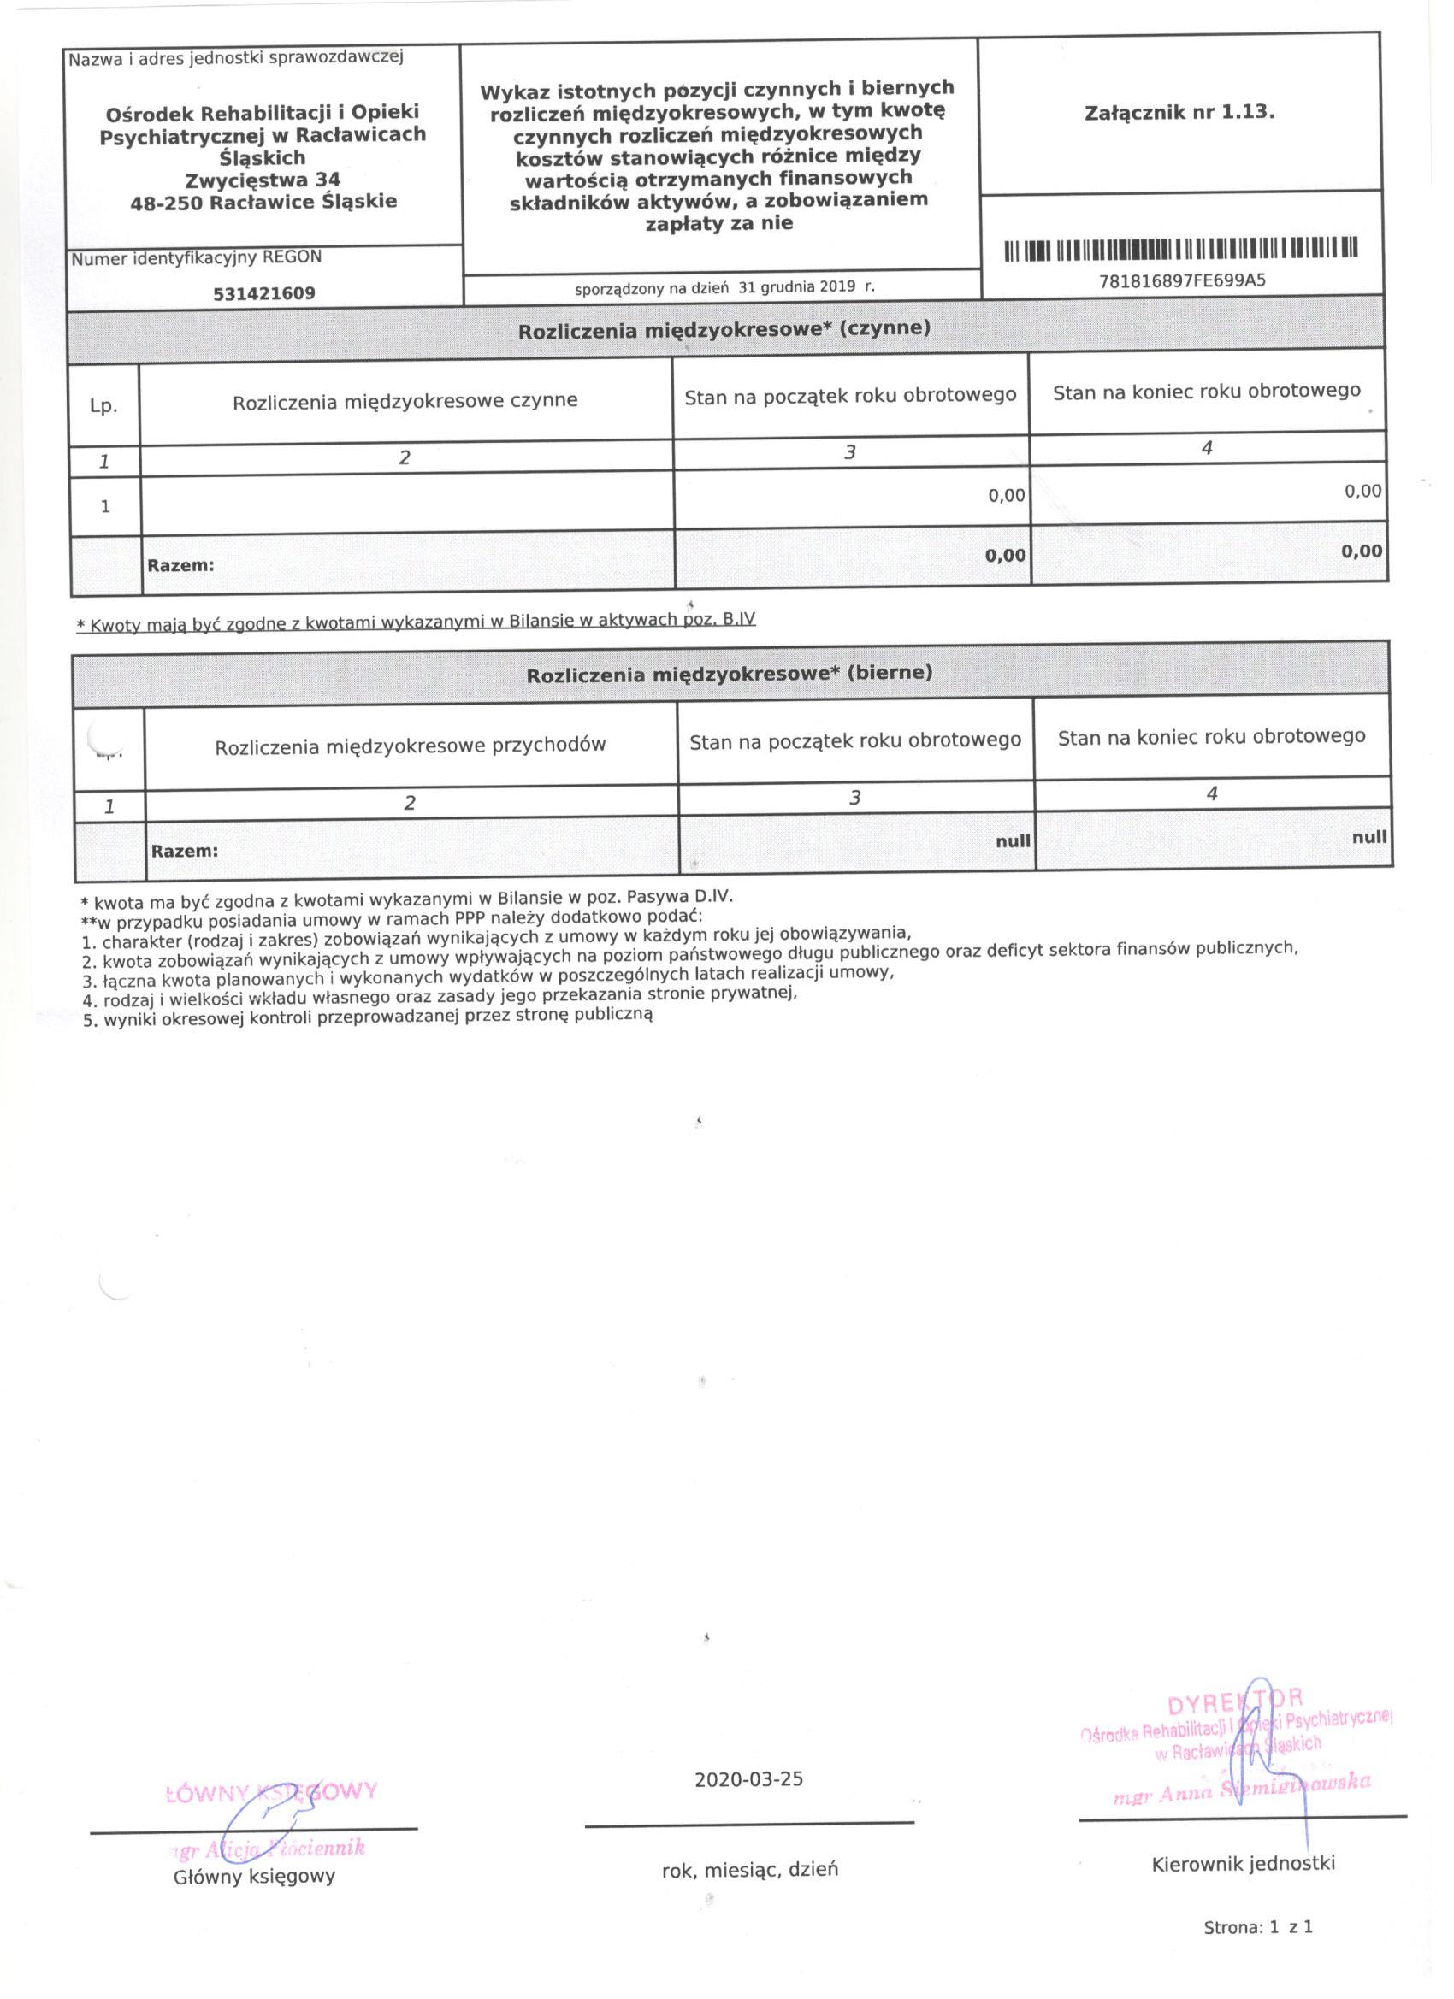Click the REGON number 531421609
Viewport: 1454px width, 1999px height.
click(x=263, y=292)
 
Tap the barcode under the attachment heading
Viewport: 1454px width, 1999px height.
click(x=1180, y=250)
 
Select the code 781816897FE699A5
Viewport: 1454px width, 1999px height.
click(x=1181, y=281)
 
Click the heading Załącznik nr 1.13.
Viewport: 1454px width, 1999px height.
click(x=1179, y=113)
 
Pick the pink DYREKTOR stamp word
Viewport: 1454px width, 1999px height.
click(x=1234, y=1702)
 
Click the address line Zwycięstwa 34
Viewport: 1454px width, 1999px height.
click(x=263, y=180)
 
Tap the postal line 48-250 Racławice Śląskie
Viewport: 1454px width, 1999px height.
click(x=263, y=201)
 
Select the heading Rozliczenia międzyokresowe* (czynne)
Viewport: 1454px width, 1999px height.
click(x=724, y=331)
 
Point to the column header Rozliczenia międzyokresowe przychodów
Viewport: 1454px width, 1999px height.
click(x=410, y=746)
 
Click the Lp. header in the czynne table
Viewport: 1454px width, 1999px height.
click(x=103, y=406)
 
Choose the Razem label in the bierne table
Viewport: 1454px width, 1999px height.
click(x=184, y=852)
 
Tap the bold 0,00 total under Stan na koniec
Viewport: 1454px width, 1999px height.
click(x=1361, y=551)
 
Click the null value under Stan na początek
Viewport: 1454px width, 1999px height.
click(x=1013, y=841)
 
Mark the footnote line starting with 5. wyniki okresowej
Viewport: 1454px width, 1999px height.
click(x=367, y=1016)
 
